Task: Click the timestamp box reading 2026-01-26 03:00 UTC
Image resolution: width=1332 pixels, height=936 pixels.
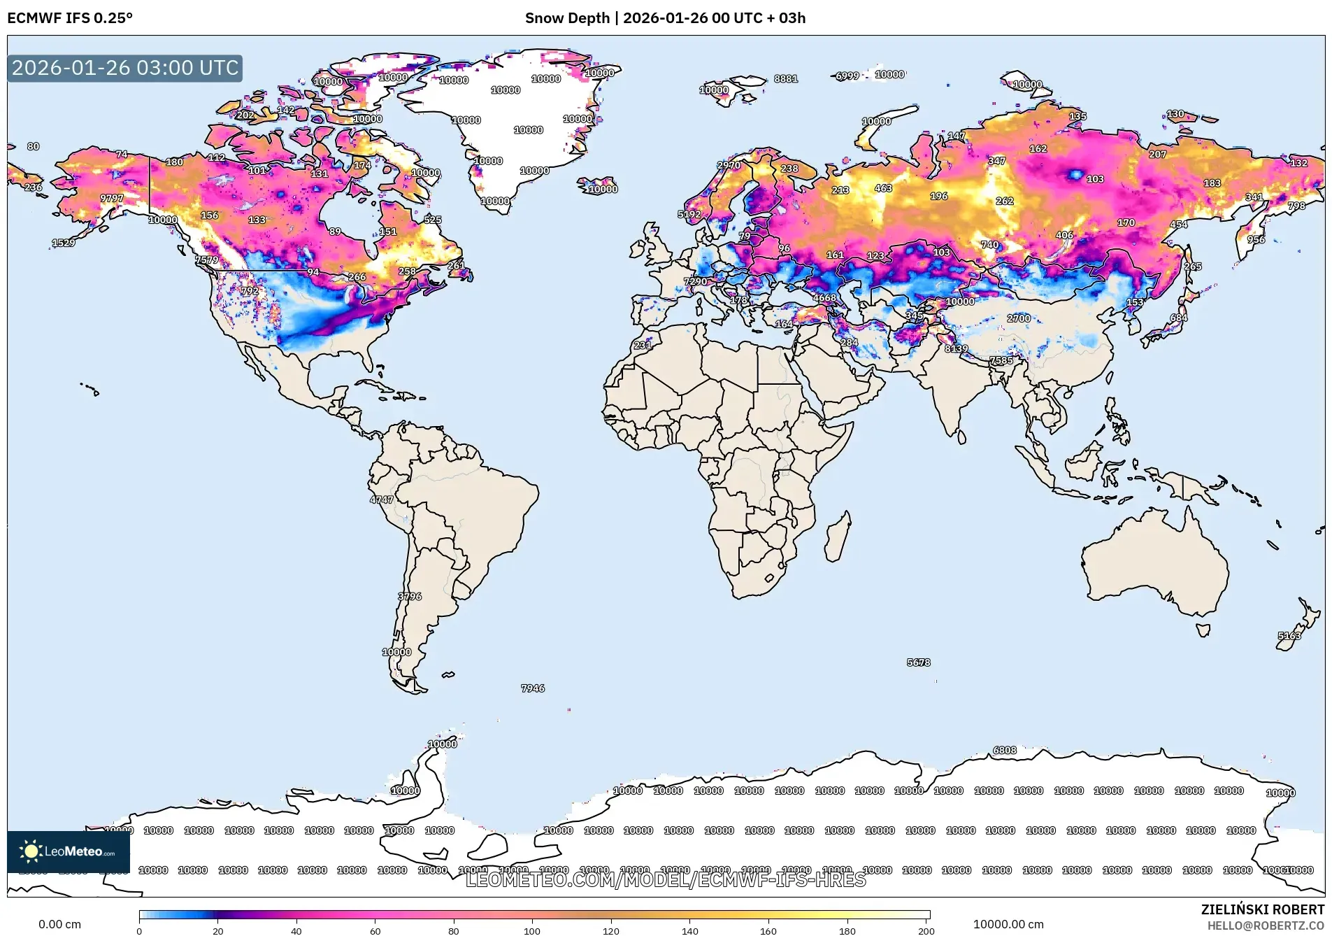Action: (x=124, y=68)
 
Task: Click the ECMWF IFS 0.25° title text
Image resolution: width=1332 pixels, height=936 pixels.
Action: (x=70, y=18)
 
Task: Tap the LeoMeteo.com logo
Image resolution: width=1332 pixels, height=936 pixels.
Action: (x=68, y=851)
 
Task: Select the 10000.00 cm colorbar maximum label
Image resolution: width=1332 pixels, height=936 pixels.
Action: (x=1008, y=924)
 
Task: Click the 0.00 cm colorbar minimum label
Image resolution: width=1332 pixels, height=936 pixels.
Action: (x=59, y=924)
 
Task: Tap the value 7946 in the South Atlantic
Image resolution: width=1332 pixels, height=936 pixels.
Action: (x=533, y=688)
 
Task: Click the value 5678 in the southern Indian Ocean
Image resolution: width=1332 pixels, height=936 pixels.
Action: (x=918, y=662)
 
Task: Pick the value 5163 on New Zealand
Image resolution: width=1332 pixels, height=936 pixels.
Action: (x=1289, y=636)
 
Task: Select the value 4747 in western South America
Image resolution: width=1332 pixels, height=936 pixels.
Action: (x=382, y=499)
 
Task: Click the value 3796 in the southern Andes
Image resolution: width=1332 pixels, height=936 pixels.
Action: (x=410, y=597)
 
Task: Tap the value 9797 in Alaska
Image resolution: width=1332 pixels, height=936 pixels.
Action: (x=112, y=199)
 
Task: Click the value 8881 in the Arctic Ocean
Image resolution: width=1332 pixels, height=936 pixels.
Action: (x=785, y=79)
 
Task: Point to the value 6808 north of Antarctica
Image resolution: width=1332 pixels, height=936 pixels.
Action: (x=1005, y=751)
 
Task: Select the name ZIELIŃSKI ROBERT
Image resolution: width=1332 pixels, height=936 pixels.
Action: (x=1262, y=909)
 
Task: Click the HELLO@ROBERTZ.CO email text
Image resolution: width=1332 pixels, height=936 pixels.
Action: (x=1266, y=926)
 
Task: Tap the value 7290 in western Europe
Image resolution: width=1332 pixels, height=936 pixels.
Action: (x=695, y=282)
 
